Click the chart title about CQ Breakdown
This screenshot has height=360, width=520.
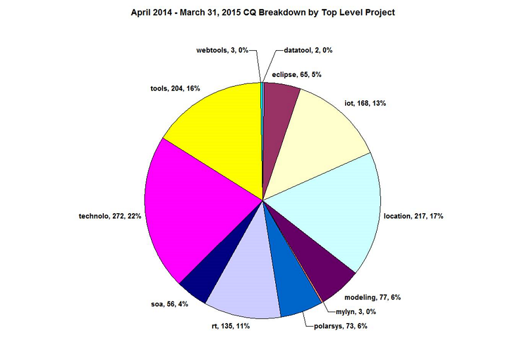263,12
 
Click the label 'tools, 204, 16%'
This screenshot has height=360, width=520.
175,88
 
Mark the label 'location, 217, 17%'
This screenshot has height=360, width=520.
413,216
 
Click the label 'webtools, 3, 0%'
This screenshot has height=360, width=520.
223,51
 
